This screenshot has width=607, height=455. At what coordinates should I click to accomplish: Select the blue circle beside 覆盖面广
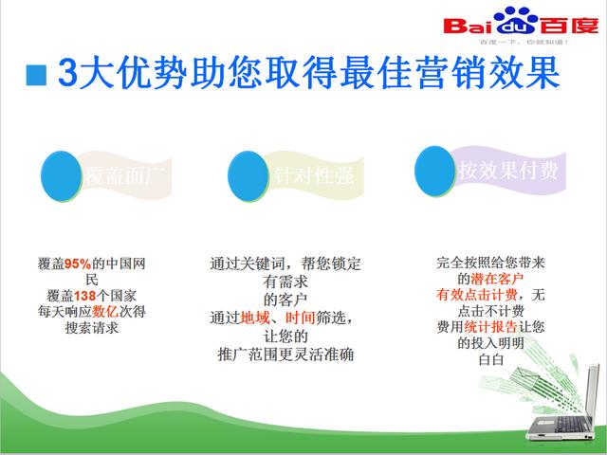coord(63,173)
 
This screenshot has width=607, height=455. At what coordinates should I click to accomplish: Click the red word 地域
coord(256,318)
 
